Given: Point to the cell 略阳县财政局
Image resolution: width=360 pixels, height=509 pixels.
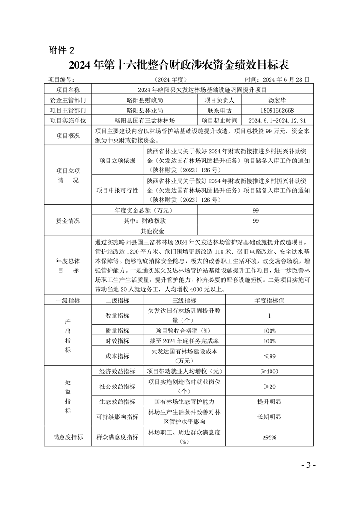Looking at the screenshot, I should click(145, 100).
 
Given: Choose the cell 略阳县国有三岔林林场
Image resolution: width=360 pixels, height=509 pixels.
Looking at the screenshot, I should click(145, 121).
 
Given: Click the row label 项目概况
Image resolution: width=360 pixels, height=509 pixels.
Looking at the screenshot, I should click(68, 136).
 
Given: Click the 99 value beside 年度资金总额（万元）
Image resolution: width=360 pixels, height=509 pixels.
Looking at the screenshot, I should click(256, 210).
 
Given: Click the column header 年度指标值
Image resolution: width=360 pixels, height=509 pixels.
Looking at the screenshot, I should click(269, 300).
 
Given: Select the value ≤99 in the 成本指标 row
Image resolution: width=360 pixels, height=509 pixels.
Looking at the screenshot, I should click(269, 356).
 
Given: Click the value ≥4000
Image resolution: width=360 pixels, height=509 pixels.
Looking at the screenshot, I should click(269, 372).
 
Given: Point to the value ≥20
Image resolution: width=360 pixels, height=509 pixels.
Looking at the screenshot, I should click(269, 387).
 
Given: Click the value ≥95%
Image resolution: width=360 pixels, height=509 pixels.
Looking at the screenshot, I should click(269, 437).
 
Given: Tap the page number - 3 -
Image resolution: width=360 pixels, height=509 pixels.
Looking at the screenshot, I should click(308, 466).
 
